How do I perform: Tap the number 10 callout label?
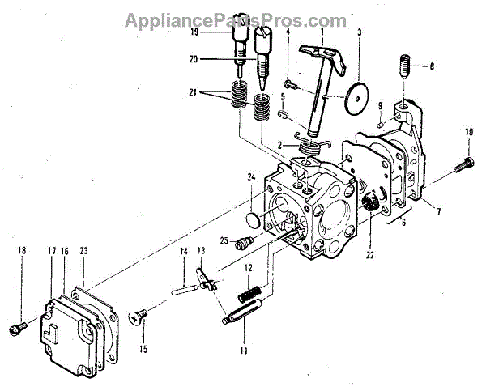[469, 131]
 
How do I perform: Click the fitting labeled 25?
[241, 243]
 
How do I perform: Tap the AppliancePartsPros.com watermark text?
[243, 19]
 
